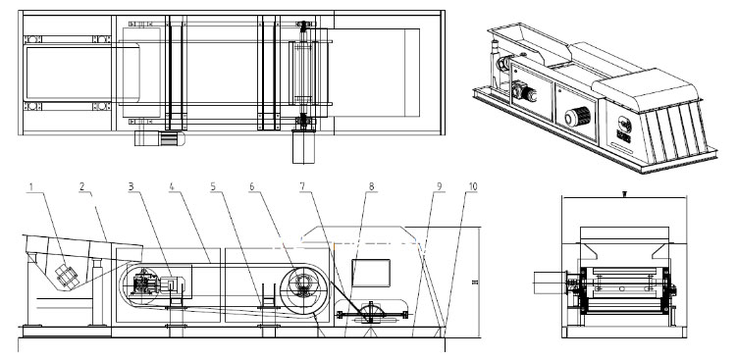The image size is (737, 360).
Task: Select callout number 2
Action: pyautogui.click(x=83, y=186)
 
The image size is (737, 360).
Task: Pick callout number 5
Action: pyautogui.click(x=213, y=186)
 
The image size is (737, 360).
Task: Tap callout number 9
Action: pyautogui.click(x=439, y=186)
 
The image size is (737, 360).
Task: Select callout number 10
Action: pyautogui.click(x=474, y=186)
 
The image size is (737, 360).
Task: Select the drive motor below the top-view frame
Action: pyautogui.click(x=158, y=138)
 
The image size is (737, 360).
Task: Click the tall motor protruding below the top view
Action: pyautogui.click(x=301, y=145)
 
